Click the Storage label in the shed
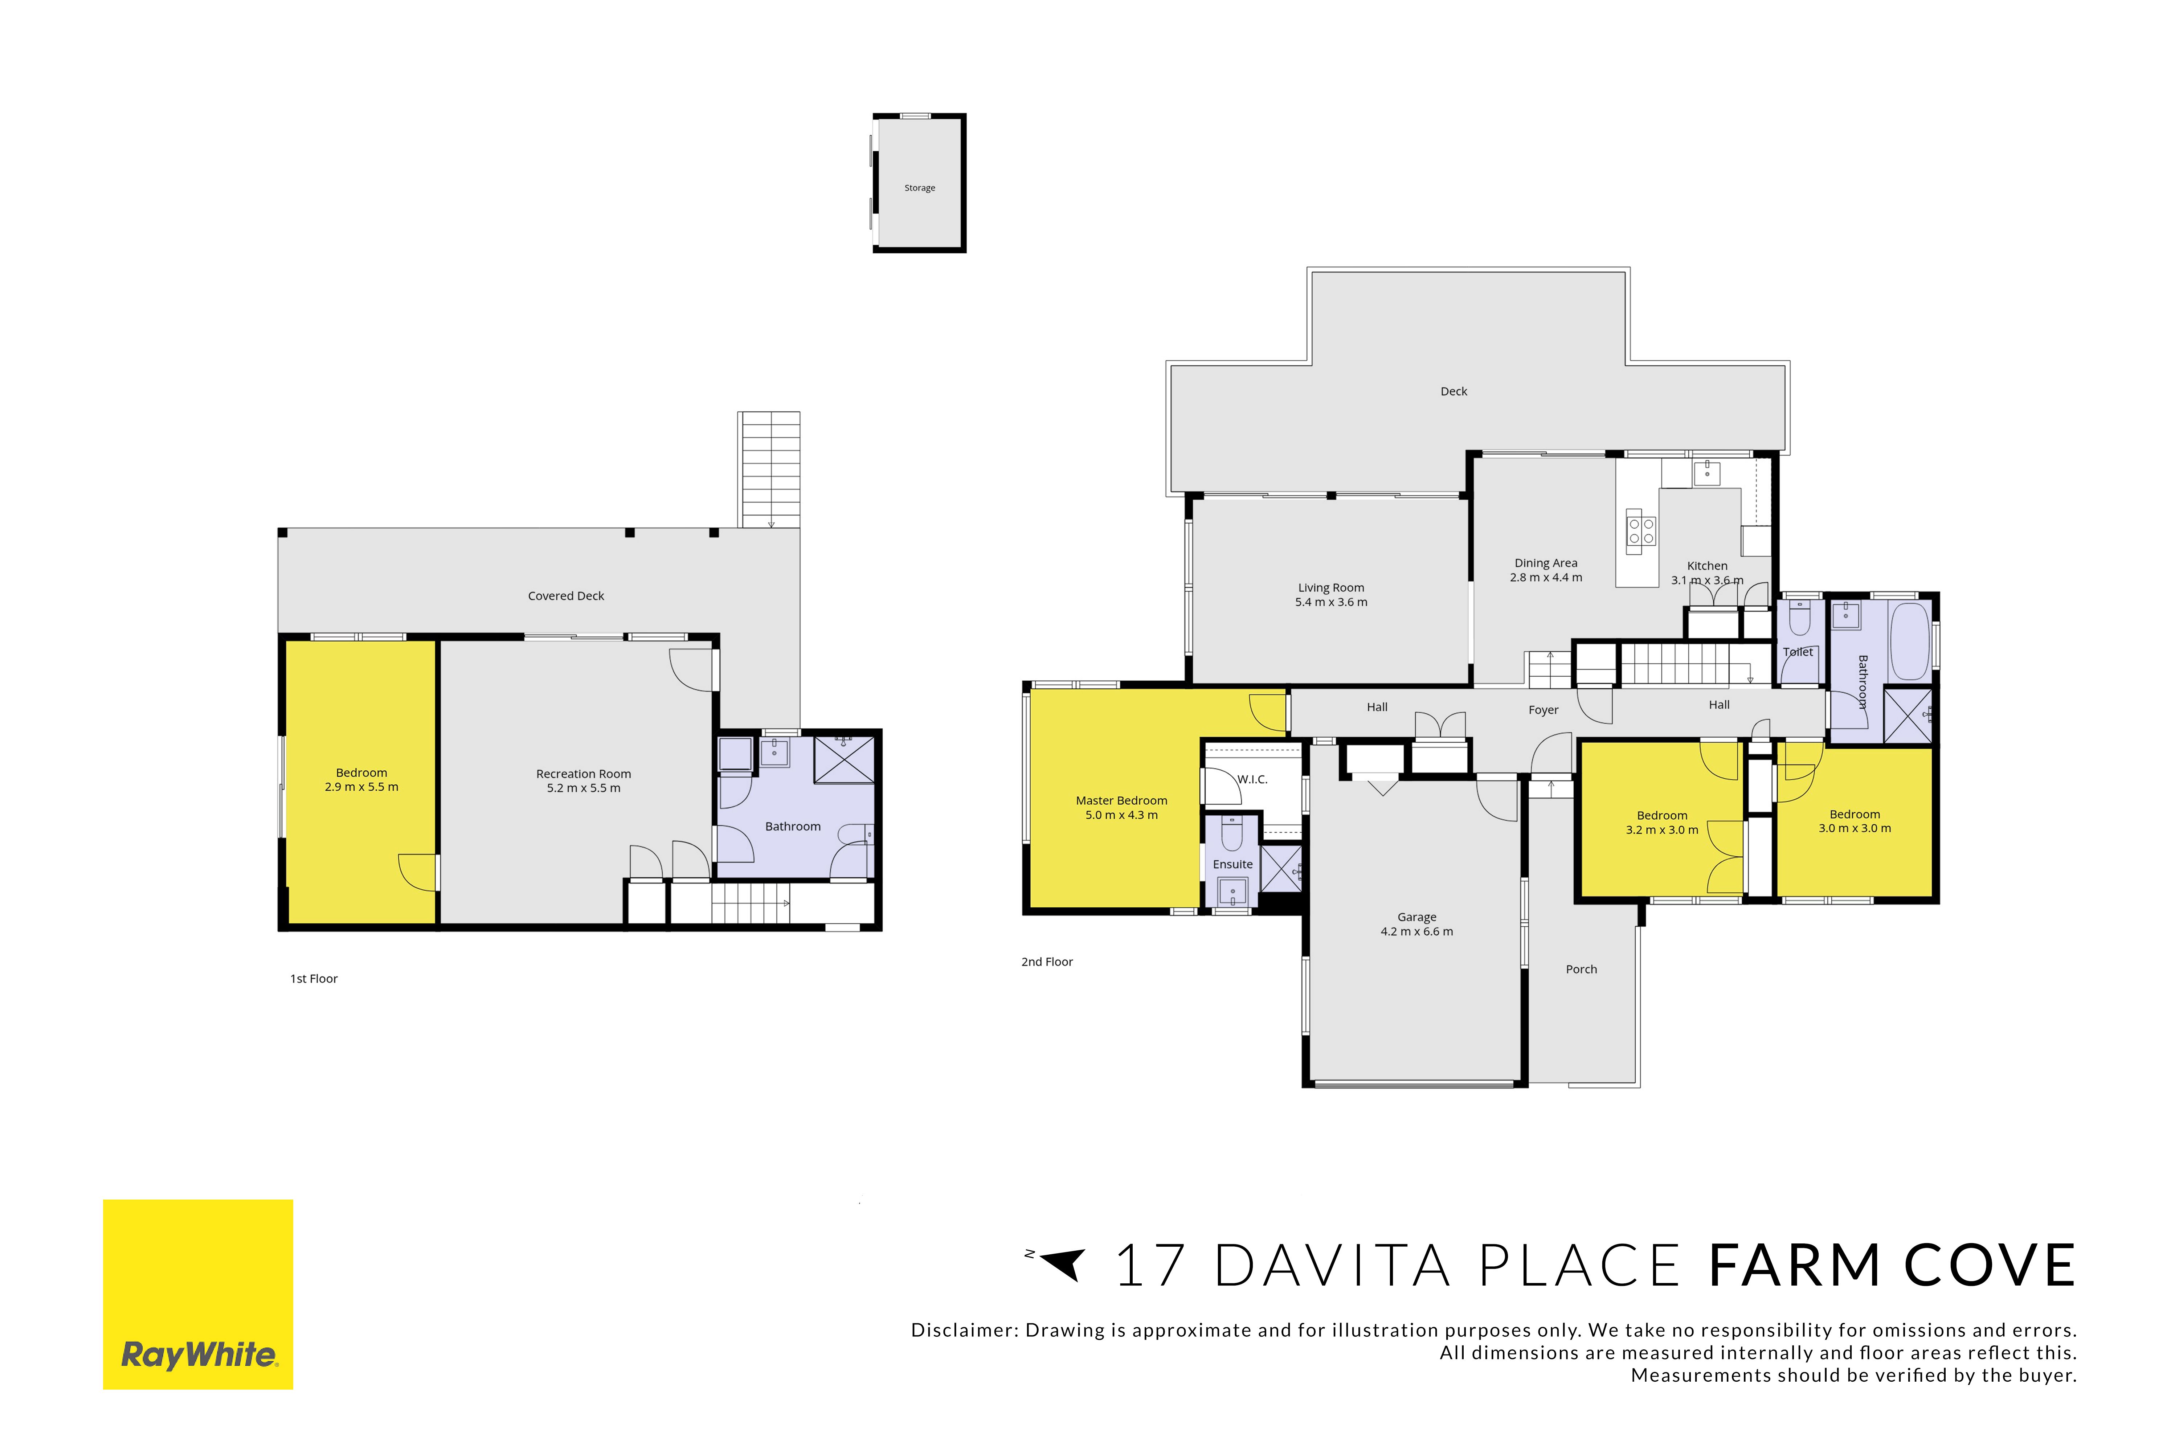pyautogui.click(x=919, y=188)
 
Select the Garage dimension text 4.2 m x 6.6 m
pyautogui.click(x=1417, y=932)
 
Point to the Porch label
pyautogui.click(x=1581, y=969)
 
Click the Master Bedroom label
pyautogui.click(x=1121, y=801)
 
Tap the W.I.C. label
pyautogui.click(x=1252, y=780)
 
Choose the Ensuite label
pyautogui.click(x=1233, y=865)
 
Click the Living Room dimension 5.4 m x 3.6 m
pyautogui.click(x=1331, y=603)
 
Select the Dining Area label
pyautogui.click(x=1546, y=563)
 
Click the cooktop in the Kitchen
pyautogui.click(x=1640, y=530)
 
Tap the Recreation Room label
pyautogui.click(x=583, y=774)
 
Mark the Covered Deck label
pyautogui.click(x=566, y=596)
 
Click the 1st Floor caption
pyautogui.click(x=314, y=979)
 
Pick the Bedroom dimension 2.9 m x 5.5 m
pyautogui.click(x=362, y=787)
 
